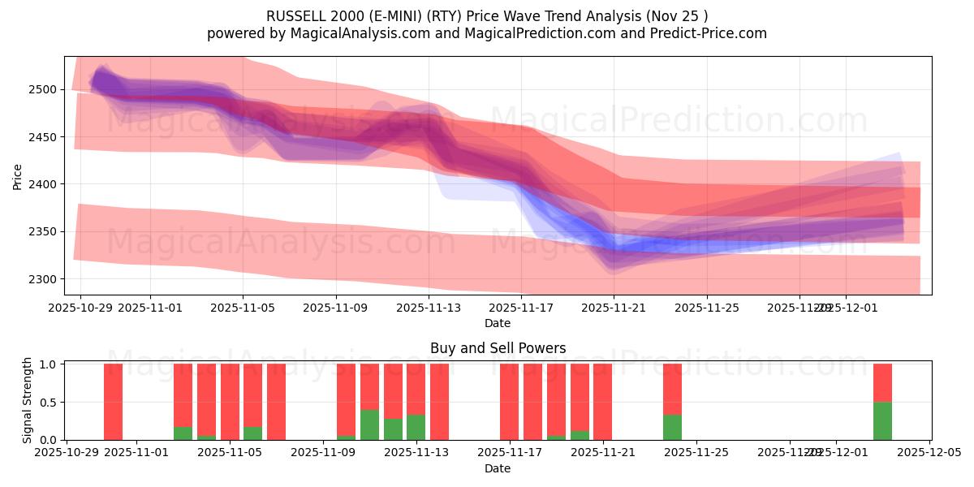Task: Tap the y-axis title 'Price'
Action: point(17,175)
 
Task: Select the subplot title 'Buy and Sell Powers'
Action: point(498,348)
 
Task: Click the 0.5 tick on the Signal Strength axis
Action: point(47,402)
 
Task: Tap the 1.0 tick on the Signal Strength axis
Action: point(47,364)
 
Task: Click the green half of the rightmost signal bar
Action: point(882,420)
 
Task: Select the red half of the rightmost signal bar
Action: point(882,382)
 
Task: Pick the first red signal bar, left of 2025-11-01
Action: point(113,402)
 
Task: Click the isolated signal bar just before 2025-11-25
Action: point(672,402)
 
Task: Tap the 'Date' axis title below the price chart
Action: point(498,323)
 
